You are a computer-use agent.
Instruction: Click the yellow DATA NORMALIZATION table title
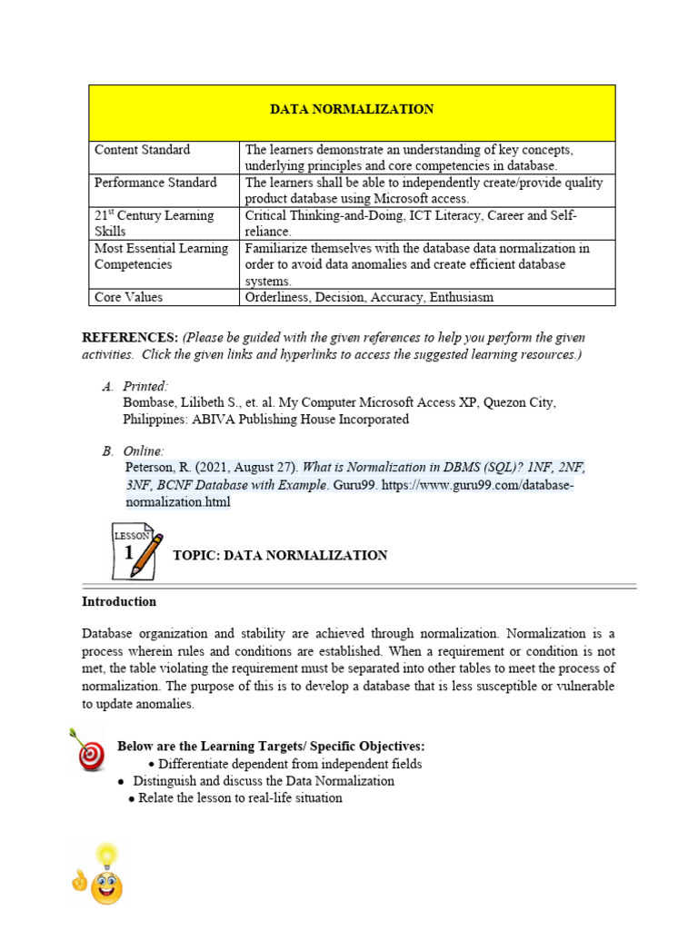(352, 109)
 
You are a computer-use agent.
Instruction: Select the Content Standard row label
(143, 150)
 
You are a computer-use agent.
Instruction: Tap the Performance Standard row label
(155, 183)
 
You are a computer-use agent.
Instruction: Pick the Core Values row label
(130, 297)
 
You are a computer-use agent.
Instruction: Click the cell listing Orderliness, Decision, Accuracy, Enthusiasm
(383, 297)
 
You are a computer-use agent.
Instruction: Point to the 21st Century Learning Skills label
(154, 223)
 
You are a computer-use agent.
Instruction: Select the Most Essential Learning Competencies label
(161, 256)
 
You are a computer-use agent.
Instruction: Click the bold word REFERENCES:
(130, 338)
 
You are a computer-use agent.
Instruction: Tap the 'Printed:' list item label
(145, 387)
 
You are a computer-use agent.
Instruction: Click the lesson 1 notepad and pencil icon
(135, 550)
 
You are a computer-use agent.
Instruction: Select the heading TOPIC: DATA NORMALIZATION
(280, 555)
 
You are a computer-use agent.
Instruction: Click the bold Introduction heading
(119, 601)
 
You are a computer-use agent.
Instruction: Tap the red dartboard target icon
(88, 750)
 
